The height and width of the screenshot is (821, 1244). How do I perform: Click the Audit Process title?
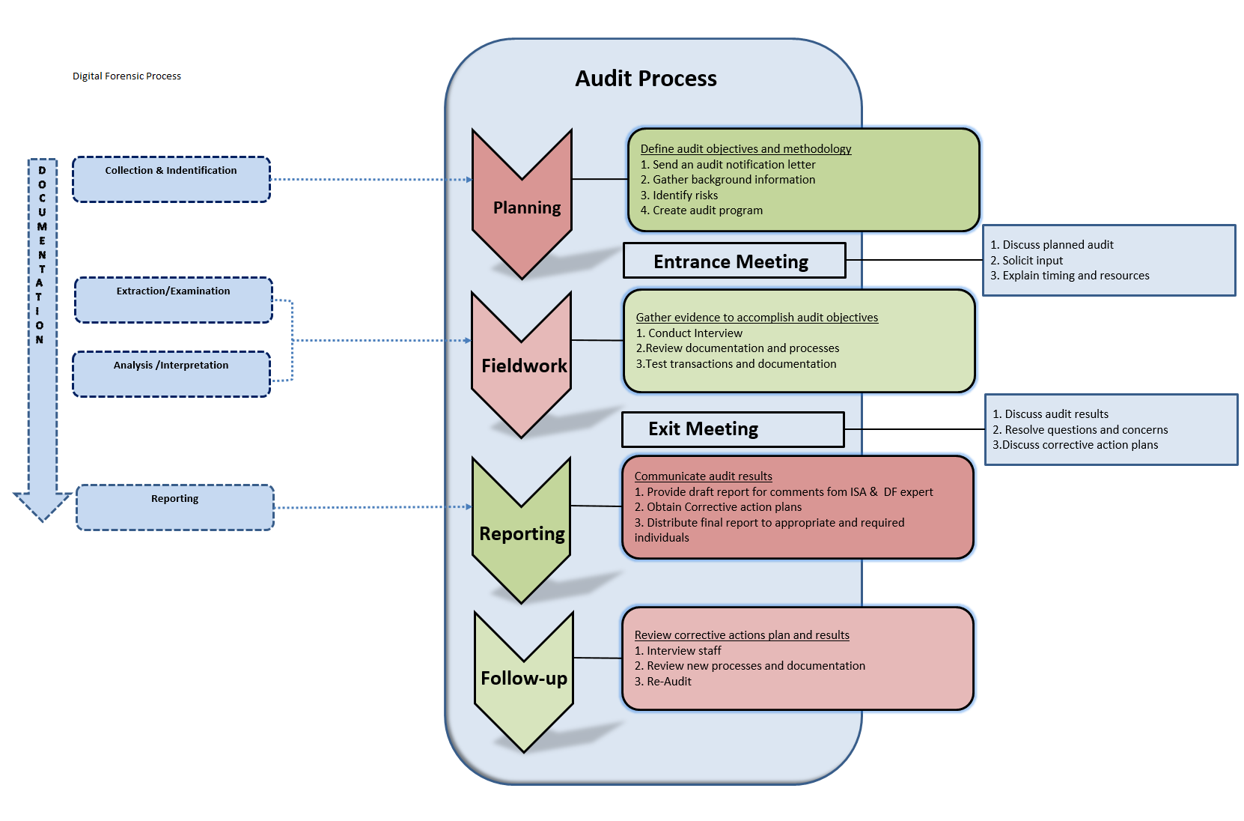[x=645, y=79]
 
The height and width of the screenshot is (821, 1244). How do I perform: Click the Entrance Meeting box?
[x=734, y=261]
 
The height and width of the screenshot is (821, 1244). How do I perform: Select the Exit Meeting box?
[x=733, y=429]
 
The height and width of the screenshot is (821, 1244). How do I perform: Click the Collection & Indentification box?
[x=171, y=180]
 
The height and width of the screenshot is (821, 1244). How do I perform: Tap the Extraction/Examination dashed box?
[x=174, y=300]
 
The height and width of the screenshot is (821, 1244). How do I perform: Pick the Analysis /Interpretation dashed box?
[x=171, y=374]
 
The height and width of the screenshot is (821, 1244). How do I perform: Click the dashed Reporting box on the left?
[x=175, y=507]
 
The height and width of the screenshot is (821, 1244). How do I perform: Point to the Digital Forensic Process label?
[x=126, y=76]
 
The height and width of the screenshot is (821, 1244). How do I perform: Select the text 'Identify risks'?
[x=685, y=196]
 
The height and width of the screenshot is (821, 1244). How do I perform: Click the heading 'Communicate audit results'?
[x=703, y=476]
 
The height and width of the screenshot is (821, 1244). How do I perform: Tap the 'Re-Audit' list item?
[x=668, y=682]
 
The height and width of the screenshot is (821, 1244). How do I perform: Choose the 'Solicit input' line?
[x=1032, y=261]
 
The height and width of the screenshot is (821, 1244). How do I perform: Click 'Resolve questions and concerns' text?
[x=1085, y=430]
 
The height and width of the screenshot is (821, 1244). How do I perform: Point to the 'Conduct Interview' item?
[x=695, y=333]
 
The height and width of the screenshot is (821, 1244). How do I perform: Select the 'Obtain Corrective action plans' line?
[x=724, y=507]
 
